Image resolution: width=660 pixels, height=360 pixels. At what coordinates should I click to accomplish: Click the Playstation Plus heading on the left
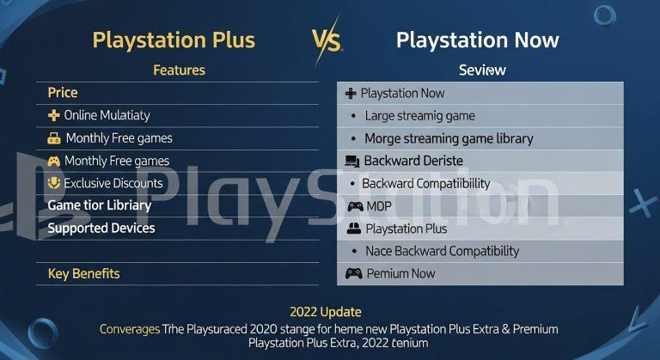pyautogui.click(x=174, y=40)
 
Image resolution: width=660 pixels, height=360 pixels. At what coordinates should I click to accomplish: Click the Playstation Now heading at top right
pyautogui.click(x=477, y=40)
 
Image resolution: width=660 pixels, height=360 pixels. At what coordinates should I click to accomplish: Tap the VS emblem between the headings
pyautogui.click(x=326, y=40)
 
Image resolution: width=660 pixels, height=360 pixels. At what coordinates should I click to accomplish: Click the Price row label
pyautogui.click(x=63, y=93)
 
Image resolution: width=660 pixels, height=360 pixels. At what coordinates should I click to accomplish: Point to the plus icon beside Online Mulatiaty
pyautogui.click(x=53, y=115)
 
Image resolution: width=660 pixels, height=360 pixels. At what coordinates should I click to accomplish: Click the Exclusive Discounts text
pyautogui.click(x=113, y=183)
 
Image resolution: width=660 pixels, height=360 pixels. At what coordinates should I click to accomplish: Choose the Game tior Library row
pyautogui.click(x=99, y=205)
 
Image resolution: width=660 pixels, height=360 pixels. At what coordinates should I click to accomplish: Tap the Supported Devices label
pyautogui.click(x=101, y=228)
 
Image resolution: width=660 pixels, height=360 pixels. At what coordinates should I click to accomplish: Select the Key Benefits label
pyautogui.click(x=83, y=274)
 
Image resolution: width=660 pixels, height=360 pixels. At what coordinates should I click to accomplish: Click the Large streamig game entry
pyautogui.click(x=419, y=116)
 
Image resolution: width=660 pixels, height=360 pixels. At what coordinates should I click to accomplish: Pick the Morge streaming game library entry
pyautogui.click(x=449, y=138)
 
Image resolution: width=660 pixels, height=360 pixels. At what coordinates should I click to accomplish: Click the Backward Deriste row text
pyautogui.click(x=412, y=161)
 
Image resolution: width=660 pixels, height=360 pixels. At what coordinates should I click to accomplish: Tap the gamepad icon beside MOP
pyautogui.click(x=355, y=206)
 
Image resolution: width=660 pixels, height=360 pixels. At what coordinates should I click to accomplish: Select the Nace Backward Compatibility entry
pyautogui.click(x=442, y=251)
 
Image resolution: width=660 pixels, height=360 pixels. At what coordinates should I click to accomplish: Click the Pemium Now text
pyautogui.click(x=400, y=273)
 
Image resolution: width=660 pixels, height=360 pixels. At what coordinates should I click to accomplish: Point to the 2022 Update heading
pyautogui.click(x=327, y=312)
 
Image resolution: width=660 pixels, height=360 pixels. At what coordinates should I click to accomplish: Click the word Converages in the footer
pyautogui.click(x=130, y=329)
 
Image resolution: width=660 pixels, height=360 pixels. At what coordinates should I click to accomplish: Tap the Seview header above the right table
pyautogui.click(x=482, y=70)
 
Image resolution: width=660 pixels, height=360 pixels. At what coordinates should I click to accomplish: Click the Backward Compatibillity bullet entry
pyautogui.click(x=425, y=183)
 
